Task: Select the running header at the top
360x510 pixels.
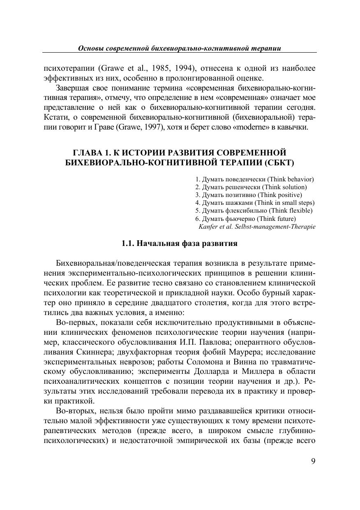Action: click(180, 48)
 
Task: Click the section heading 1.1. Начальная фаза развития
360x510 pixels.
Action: click(180, 243)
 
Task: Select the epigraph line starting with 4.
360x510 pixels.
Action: click(255, 203)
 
